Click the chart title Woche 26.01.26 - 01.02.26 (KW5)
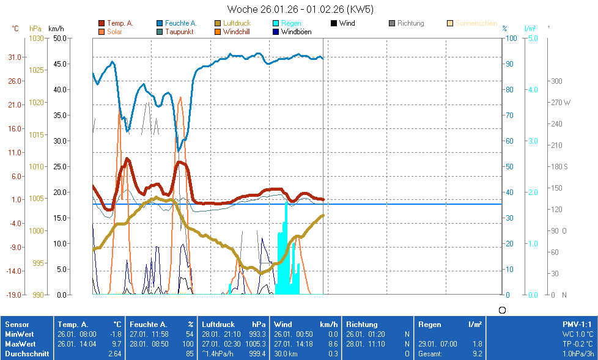(300, 9)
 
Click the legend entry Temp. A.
(120, 23)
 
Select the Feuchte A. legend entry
(180, 23)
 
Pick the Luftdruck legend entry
(237, 23)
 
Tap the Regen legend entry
(290, 23)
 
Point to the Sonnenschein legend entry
(476, 23)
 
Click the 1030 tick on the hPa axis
(36, 39)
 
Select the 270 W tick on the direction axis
(560, 103)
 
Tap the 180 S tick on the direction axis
(559, 166)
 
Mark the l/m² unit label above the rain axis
(530, 29)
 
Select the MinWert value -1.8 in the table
(115, 334)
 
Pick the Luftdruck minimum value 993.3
(258, 334)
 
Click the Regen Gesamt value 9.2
(476, 353)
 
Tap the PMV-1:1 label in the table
(577, 325)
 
